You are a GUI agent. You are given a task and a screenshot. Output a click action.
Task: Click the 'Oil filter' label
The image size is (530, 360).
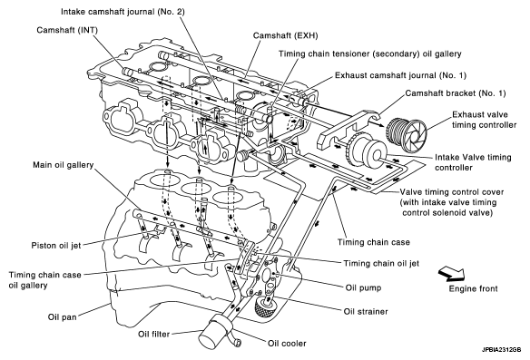click(x=153, y=334)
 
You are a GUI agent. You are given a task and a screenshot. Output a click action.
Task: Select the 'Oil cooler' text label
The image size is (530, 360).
click(x=287, y=344)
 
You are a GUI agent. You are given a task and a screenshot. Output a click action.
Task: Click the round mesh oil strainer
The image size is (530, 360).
click(x=265, y=307)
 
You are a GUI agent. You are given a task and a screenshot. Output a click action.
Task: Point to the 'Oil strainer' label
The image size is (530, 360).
click(x=366, y=311)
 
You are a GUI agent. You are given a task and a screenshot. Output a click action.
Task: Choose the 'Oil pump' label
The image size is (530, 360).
click(x=363, y=287)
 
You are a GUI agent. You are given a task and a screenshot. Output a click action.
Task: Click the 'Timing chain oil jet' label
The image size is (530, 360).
click(x=381, y=263)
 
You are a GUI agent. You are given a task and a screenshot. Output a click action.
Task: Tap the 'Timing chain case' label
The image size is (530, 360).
click(x=374, y=242)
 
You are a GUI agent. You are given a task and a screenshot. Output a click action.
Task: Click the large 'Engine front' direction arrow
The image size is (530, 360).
click(x=451, y=274)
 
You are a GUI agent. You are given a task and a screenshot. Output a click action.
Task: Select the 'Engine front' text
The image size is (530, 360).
click(x=473, y=288)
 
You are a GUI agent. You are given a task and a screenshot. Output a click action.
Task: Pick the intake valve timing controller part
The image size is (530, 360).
click(x=365, y=150)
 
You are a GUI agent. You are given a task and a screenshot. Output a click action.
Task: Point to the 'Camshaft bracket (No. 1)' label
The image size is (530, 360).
click(x=456, y=92)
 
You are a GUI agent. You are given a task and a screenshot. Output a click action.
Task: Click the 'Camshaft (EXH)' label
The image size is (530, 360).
click(x=286, y=35)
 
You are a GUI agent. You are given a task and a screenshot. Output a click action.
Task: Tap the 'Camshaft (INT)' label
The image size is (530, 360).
click(x=67, y=30)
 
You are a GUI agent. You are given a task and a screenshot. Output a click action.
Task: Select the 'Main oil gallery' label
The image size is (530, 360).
click(x=63, y=165)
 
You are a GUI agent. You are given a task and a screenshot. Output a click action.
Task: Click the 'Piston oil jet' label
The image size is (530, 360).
click(x=56, y=245)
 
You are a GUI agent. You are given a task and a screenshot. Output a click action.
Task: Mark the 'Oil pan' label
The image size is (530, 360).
click(x=63, y=317)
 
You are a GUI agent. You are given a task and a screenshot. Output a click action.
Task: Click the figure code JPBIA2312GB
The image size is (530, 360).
click(x=502, y=350)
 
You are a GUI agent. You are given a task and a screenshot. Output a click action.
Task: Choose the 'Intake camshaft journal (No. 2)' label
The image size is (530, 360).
click(x=123, y=12)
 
